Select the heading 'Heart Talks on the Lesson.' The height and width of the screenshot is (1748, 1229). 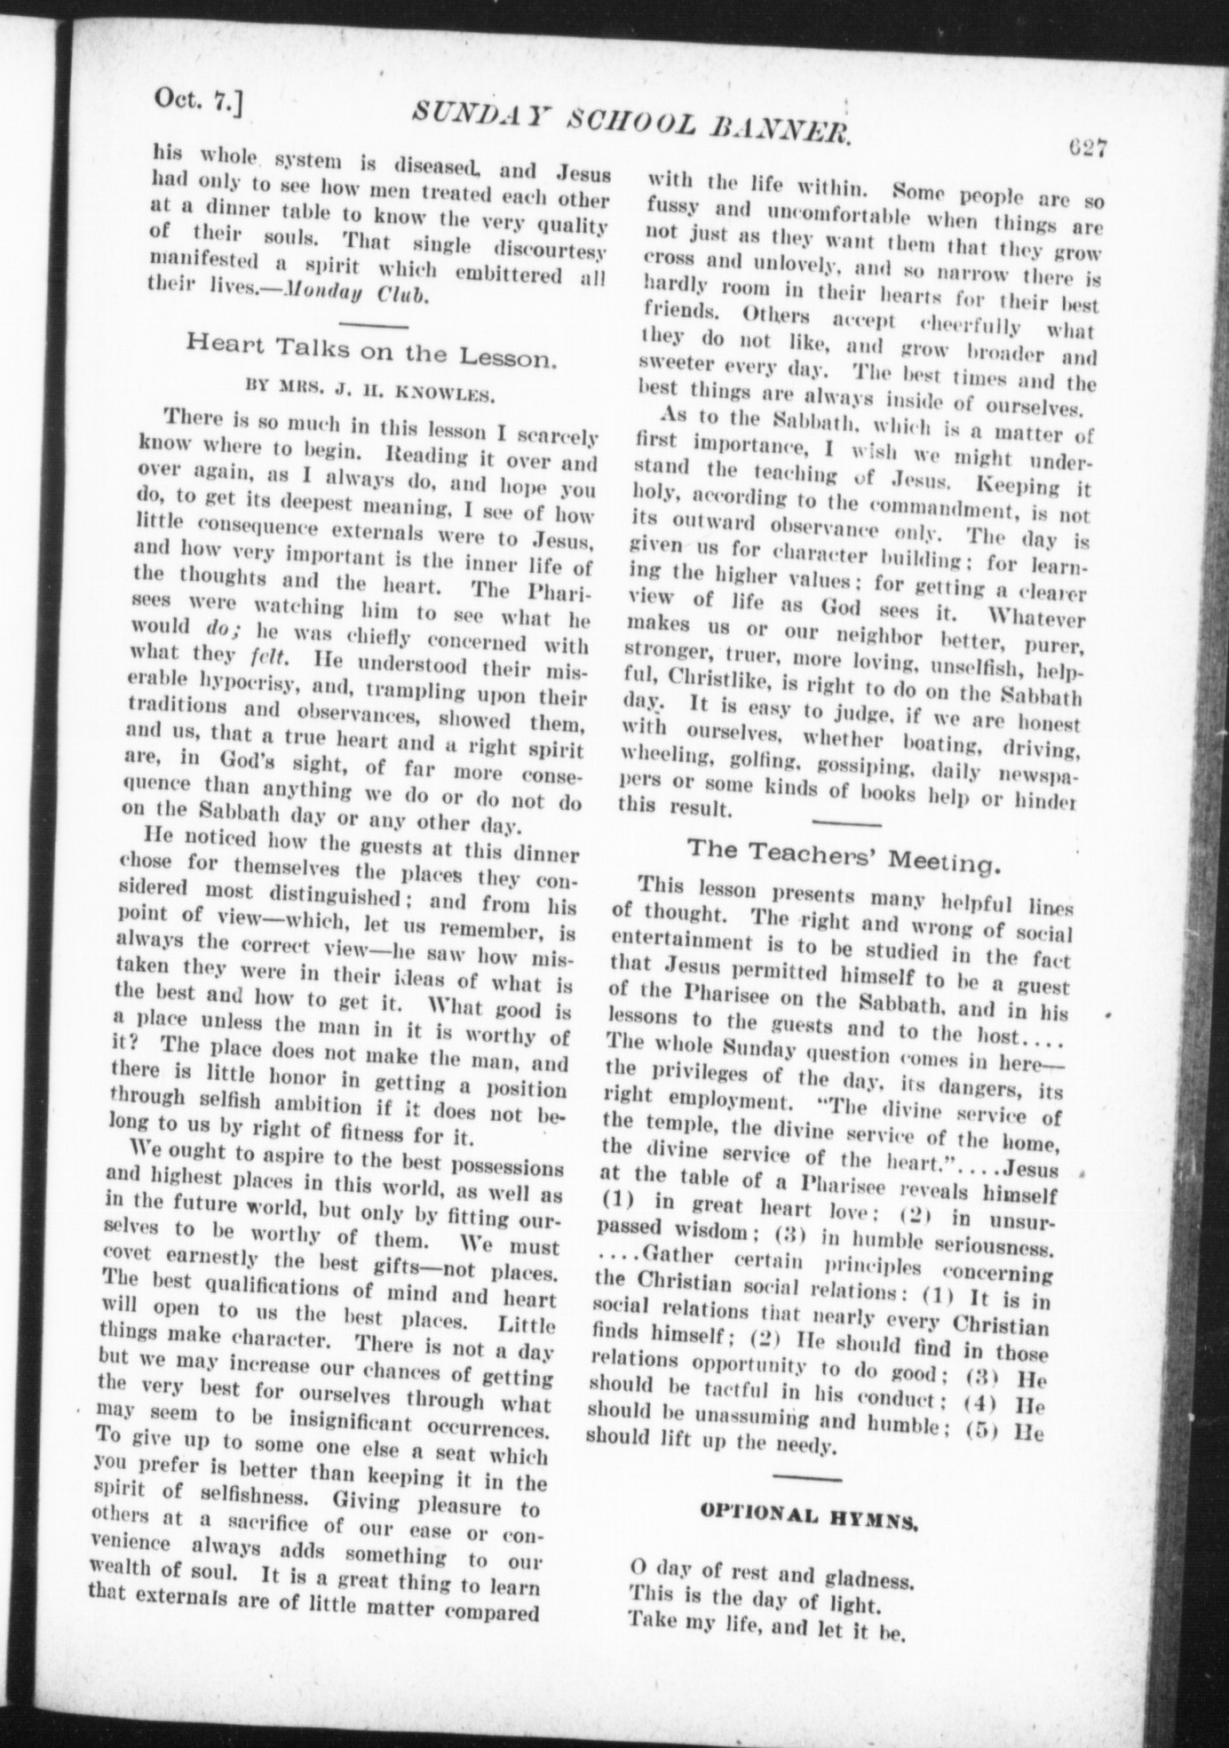(372, 354)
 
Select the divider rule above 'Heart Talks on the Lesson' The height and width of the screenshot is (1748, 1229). (373, 324)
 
